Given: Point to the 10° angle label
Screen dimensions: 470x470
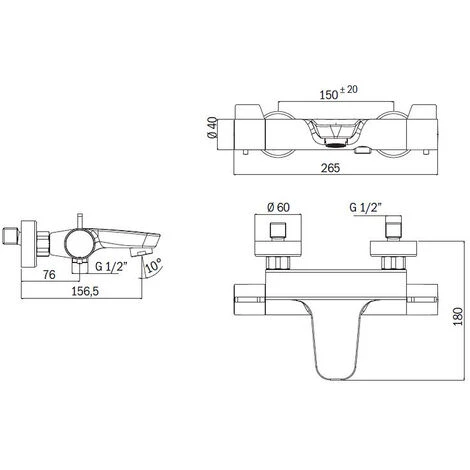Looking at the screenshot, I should tap(153, 268).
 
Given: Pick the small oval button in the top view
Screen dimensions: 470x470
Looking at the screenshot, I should tap(367, 150).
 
